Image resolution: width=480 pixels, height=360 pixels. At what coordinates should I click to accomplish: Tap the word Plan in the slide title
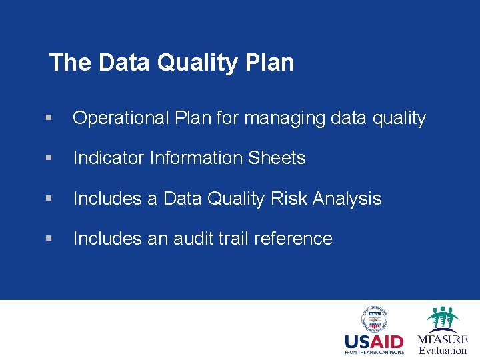(x=269, y=63)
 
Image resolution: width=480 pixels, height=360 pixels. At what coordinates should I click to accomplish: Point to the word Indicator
(x=109, y=158)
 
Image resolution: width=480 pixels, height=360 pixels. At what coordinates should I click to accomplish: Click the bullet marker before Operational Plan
(x=49, y=119)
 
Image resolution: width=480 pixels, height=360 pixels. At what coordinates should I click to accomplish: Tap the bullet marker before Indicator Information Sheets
(x=49, y=159)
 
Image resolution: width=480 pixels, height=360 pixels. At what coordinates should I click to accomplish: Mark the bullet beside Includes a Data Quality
(x=49, y=199)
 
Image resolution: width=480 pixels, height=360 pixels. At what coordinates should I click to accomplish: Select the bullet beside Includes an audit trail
(x=49, y=239)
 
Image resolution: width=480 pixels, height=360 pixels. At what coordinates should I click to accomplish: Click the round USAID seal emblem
(x=375, y=320)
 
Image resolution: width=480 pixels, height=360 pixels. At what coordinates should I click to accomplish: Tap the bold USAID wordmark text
(x=374, y=342)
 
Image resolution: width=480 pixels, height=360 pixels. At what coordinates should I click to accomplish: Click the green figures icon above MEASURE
(x=442, y=319)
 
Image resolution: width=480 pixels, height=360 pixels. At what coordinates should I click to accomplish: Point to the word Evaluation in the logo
(x=442, y=350)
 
